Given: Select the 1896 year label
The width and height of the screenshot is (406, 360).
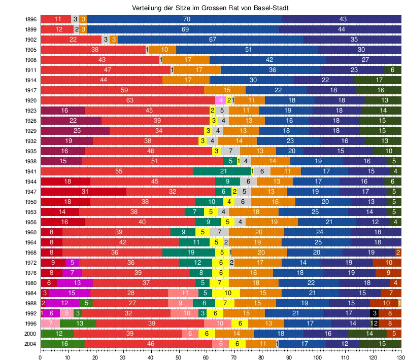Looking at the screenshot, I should (x=30, y=19).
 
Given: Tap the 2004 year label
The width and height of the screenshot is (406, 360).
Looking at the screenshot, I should (x=30, y=344).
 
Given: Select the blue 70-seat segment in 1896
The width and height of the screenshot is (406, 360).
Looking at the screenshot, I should (x=186, y=19).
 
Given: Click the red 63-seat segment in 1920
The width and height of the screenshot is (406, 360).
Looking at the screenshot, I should (x=129, y=100).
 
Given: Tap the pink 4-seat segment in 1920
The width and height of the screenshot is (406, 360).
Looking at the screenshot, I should (x=221, y=100).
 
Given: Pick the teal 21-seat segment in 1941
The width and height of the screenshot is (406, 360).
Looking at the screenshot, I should (x=223, y=171).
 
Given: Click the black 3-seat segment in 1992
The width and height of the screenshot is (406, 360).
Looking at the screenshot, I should (x=374, y=313).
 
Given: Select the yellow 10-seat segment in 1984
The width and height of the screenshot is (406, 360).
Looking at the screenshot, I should (x=228, y=293).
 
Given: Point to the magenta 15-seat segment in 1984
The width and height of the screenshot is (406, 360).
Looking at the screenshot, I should (x=71, y=293).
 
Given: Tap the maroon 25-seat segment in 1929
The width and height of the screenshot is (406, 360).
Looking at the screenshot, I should (x=77, y=131).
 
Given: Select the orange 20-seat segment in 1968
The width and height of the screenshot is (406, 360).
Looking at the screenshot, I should (x=261, y=253).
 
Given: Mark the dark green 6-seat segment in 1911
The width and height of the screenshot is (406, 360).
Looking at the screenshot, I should (x=392, y=70).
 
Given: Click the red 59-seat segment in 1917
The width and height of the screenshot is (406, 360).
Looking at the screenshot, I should (x=124, y=90).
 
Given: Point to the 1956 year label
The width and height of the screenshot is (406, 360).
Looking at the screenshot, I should (x=30, y=222).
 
